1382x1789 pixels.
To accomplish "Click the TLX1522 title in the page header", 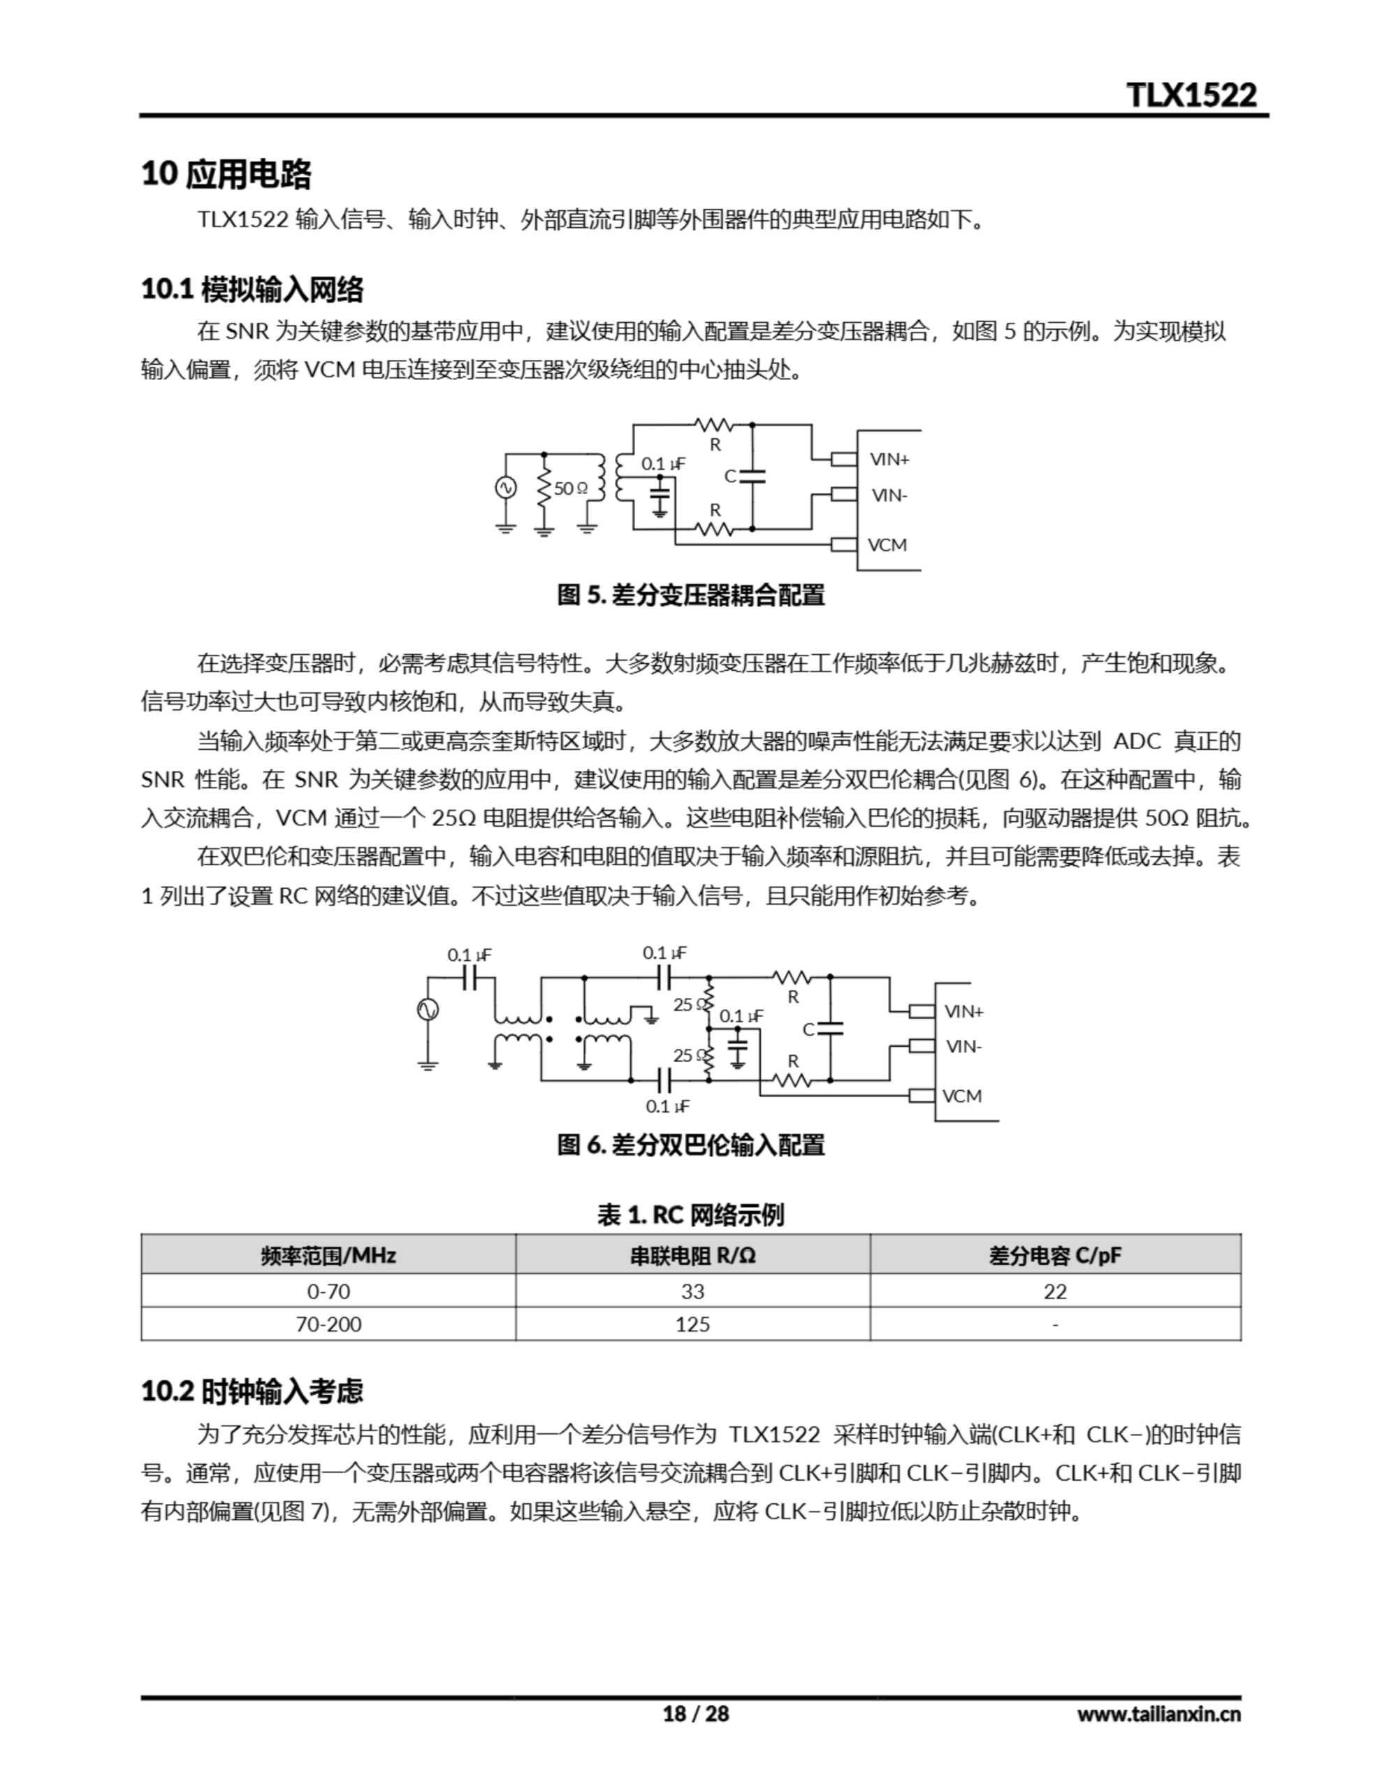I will [x=1191, y=95].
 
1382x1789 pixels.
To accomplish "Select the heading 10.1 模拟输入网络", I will [x=252, y=289].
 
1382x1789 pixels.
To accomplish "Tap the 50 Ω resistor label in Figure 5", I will [x=571, y=488].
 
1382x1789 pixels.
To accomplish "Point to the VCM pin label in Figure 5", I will [x=887, y=544].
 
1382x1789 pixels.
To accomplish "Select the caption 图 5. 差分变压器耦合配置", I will [x=690, y=595].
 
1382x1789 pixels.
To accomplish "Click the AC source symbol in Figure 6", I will [x=428, y=1010].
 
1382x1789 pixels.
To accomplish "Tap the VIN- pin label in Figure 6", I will [x=963, y=1046].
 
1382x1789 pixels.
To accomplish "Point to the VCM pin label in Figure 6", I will [x=962, y=1096].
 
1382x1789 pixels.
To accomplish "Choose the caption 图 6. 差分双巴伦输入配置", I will [x=690, y=1145].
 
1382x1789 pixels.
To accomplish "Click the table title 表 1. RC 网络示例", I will [x=690, y=1214].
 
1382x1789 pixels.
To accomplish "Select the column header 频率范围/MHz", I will [x=328, y=1255].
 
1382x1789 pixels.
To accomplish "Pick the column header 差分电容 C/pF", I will [x=1055, y=1255].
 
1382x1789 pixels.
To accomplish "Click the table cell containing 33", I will [x=692, y=1291].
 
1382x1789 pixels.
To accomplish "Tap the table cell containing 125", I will [x=692, y=1324].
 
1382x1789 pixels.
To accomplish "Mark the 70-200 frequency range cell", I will [x=328, y=1324].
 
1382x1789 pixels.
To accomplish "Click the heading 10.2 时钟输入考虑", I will [x=252, y=1391].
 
